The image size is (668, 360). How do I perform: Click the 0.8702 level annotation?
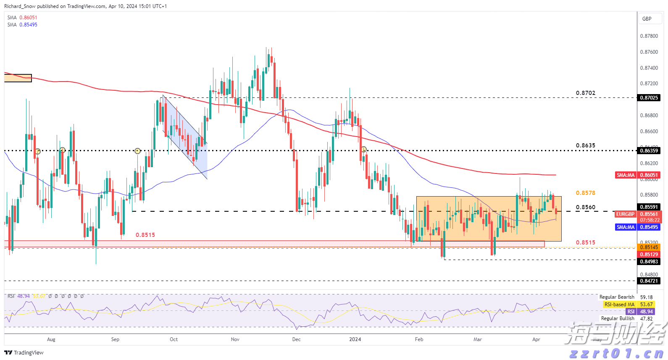[x=585, y=93]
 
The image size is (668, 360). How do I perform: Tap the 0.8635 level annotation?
[x=585, y=146]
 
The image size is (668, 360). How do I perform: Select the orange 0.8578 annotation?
[x=585, y=193]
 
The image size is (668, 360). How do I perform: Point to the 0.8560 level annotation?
[x=585, y=208]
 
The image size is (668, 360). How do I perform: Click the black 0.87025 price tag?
[x=649, y=98]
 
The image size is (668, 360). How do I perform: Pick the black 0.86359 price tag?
[x=649, y=151]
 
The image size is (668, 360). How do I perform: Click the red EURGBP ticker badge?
[x=625, y=214]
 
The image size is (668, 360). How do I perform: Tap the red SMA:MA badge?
[x=625, y=175]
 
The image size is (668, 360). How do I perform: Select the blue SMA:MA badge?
[x=625, y=227]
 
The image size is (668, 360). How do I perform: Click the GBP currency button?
[x=647, y=19]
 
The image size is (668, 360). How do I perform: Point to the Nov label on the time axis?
[x=235, y=339]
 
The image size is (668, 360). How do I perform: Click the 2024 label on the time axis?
[x=355, y=339]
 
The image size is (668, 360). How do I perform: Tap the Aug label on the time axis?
[x=51, y=339]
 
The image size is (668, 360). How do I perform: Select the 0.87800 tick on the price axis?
[x=649, y=36]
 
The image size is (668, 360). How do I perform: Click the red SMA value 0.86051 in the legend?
[x=28, y=18]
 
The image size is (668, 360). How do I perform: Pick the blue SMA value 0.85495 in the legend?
[x=28, y=25]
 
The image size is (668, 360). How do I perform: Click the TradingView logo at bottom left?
[x=24, y=352]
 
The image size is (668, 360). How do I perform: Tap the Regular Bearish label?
[x=616, y=297]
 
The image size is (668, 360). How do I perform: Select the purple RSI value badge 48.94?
[x=646, y=312]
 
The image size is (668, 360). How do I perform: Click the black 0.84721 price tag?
[x=649, y=281]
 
